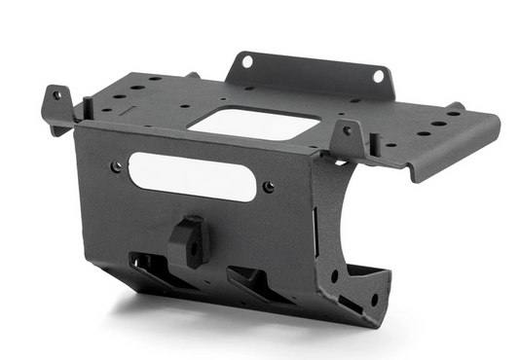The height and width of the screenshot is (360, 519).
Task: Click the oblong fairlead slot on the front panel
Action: [191, 176]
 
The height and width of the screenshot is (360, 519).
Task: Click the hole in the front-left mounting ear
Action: [56, 96]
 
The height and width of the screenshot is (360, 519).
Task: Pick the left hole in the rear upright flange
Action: [246, 61]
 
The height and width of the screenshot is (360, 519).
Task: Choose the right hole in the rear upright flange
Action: [377, 77]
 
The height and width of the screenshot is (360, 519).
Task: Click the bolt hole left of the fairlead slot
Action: [117, 166]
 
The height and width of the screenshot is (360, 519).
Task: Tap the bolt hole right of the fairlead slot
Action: [268, 187]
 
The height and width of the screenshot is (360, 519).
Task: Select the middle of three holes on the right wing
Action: [437, 124]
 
